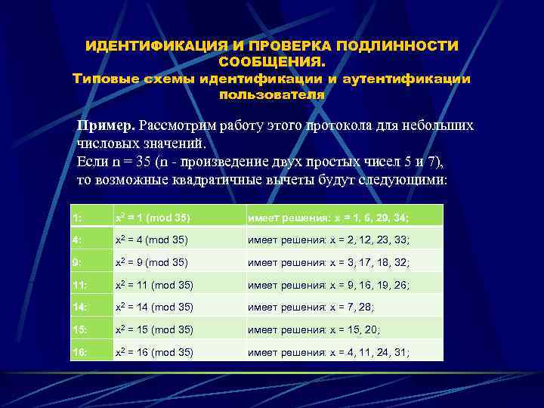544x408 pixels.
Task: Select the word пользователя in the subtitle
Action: (x=271, y=96)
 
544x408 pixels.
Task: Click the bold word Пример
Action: (x=107, y=125)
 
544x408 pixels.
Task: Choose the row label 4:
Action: (x=76, y=241)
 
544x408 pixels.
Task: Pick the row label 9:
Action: (x=76, y=263)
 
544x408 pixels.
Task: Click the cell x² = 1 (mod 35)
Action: (x=152, y=218)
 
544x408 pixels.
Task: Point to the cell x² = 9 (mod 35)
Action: (x=152, y=263)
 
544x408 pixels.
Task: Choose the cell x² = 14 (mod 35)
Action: (x=154, y=308)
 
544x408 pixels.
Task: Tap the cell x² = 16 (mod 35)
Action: (x=154, y=352)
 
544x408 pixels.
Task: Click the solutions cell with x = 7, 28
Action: (x=316, y=308)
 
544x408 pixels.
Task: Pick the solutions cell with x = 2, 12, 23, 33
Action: (x=329, y=241)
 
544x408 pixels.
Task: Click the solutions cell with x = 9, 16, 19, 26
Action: (x=329, y=286)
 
